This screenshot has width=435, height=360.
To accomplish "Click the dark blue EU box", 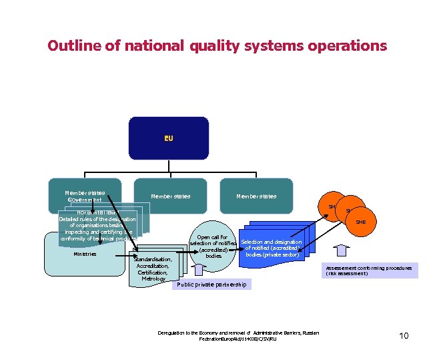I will click(x=168, y=138).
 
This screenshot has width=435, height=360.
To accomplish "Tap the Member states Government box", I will click(x=84, y=196).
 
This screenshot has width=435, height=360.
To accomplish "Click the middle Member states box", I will click(x=170, y=196).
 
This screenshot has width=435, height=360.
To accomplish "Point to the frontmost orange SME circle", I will click(x=360, y=222).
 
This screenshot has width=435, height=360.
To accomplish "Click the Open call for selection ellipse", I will click(x=213, y=246).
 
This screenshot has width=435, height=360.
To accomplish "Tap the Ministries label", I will click(x=84, y=254).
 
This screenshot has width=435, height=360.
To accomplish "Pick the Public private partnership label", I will click(x=211, y=285).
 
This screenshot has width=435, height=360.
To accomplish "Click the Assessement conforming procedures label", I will click(x=369, y=271).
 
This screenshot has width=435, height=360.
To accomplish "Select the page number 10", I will click(x=404, y=335).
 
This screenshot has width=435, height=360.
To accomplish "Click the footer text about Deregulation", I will click(x=238, y=336).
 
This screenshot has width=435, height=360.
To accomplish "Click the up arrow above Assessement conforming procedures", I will click(x=342, y=250).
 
